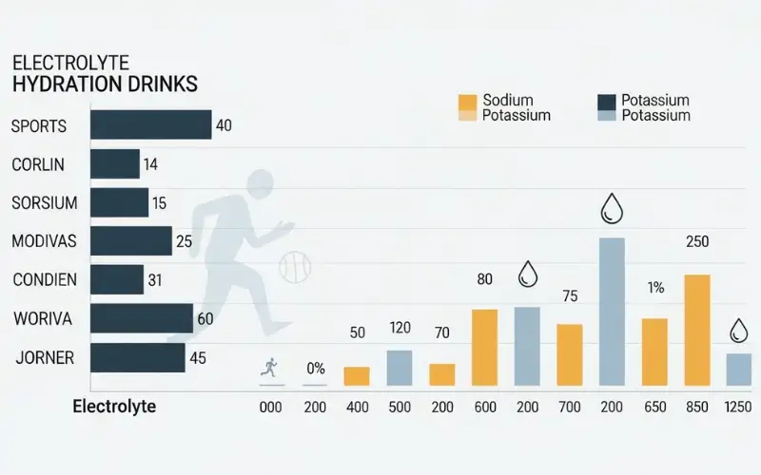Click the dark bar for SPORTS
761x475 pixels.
150,125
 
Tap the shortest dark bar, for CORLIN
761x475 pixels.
115,164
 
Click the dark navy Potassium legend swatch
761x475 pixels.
606,102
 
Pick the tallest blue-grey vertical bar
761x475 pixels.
612,312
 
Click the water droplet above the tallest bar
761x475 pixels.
611,208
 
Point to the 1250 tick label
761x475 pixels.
738,408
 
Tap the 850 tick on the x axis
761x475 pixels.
697,408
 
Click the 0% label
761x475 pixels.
315,369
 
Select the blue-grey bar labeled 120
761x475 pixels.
400,368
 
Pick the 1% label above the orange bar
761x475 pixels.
655,288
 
